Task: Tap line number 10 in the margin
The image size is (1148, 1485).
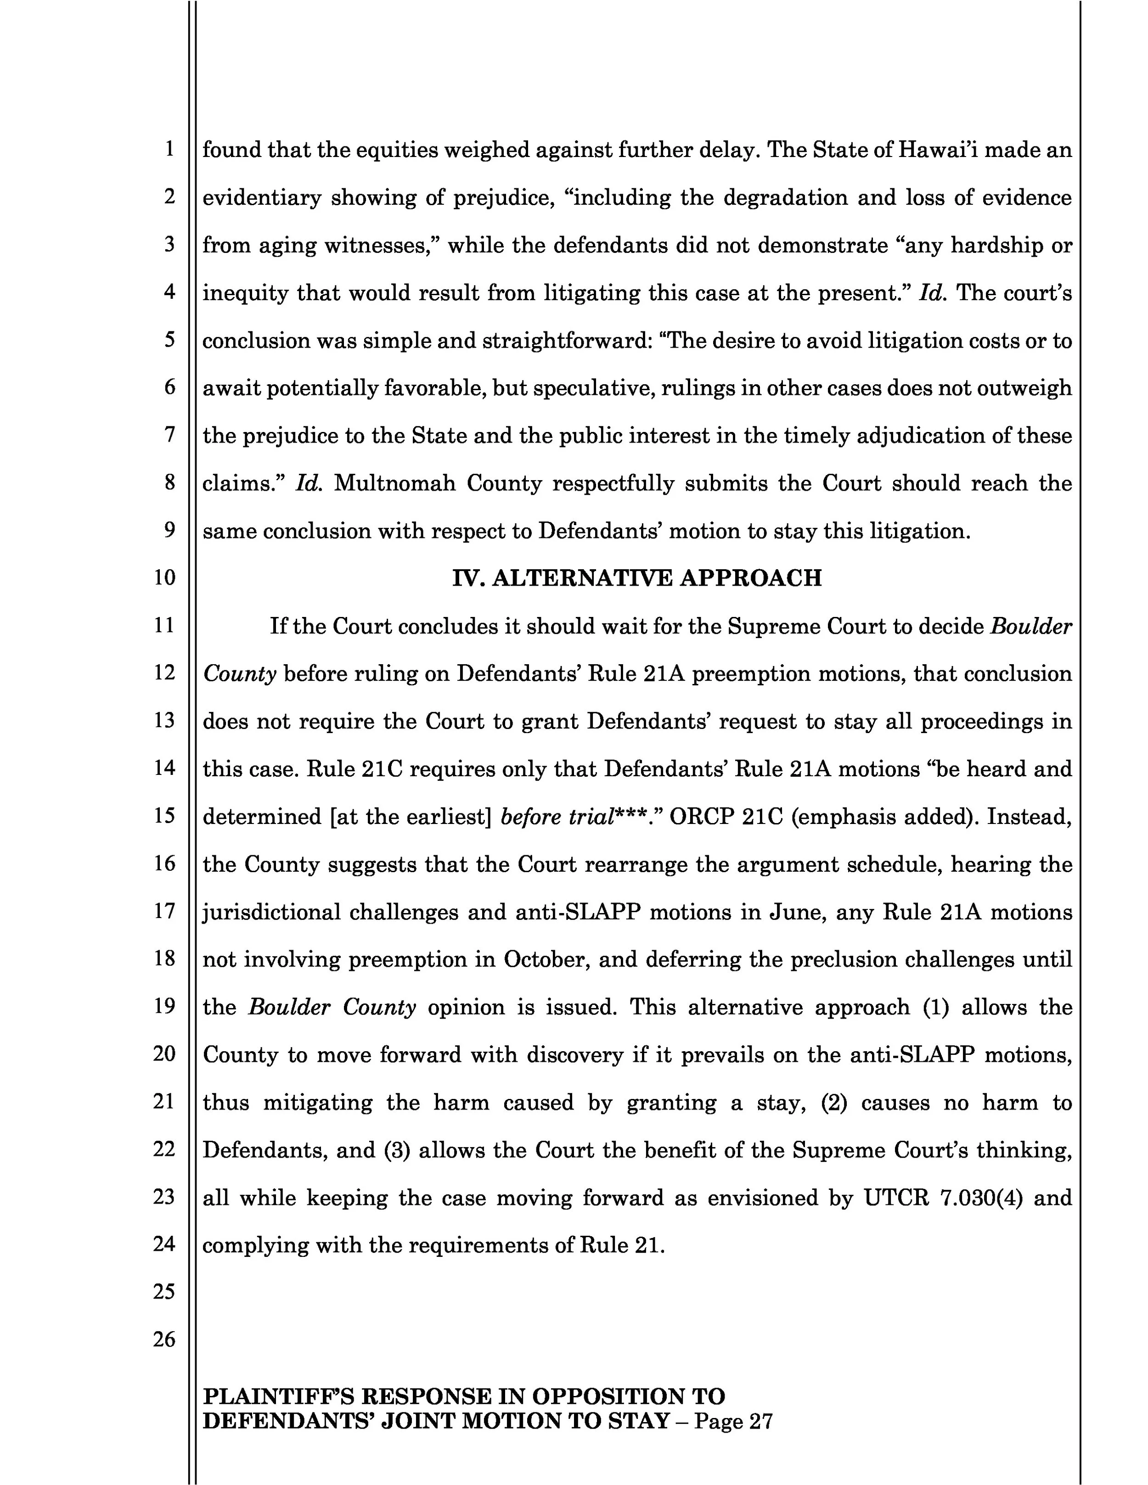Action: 164,577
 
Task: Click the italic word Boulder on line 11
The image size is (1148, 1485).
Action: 1031,626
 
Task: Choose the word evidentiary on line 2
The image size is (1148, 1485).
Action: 262,197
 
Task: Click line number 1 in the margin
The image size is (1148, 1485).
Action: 169,149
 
